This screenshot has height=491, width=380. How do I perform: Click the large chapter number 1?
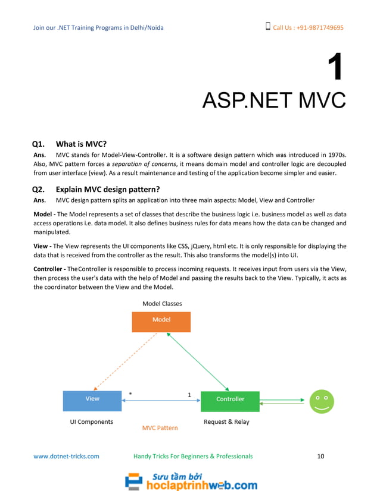tap(335, 67)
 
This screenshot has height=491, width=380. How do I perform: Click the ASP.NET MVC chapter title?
tap(273, 100)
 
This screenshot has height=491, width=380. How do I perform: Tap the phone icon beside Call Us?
tap(267, 27)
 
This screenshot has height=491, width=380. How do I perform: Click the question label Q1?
tap(39, 143)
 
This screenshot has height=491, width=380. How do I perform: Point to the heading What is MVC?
tap(81, 143)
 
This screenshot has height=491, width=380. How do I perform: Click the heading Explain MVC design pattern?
tap(108, 190)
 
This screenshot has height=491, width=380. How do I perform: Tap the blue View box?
tap(92, 400)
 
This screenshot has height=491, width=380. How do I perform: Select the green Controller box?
tap(230, 401)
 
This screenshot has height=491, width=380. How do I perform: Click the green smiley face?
tap(322, 401)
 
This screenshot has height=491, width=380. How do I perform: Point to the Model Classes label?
tap(162, 304)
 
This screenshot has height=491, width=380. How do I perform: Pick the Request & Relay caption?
tap(226, 422)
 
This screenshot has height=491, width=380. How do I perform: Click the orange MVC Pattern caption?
tap(160, 427)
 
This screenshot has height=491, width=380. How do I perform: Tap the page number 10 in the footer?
tap(320, 456)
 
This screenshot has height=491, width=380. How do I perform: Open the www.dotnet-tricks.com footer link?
tap(66, 456)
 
